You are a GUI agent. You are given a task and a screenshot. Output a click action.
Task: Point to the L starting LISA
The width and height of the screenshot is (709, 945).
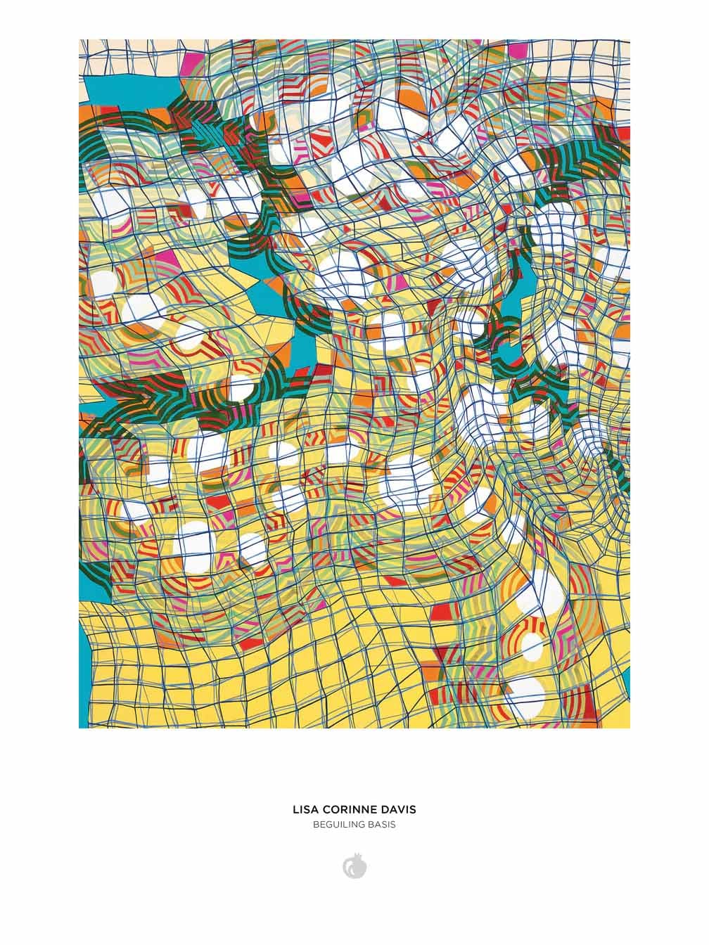(295, 810)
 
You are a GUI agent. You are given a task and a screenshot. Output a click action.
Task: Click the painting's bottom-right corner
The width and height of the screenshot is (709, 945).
(630, 727)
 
